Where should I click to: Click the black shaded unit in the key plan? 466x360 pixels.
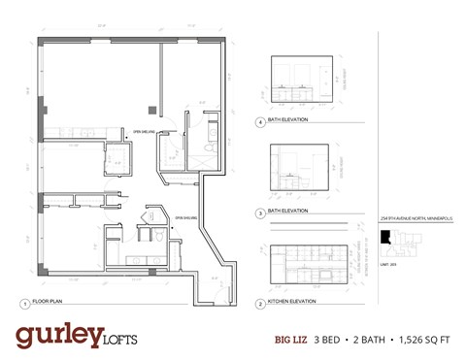tap(385, 237)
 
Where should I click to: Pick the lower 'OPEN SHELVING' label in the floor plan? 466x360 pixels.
tap(185, 218)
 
